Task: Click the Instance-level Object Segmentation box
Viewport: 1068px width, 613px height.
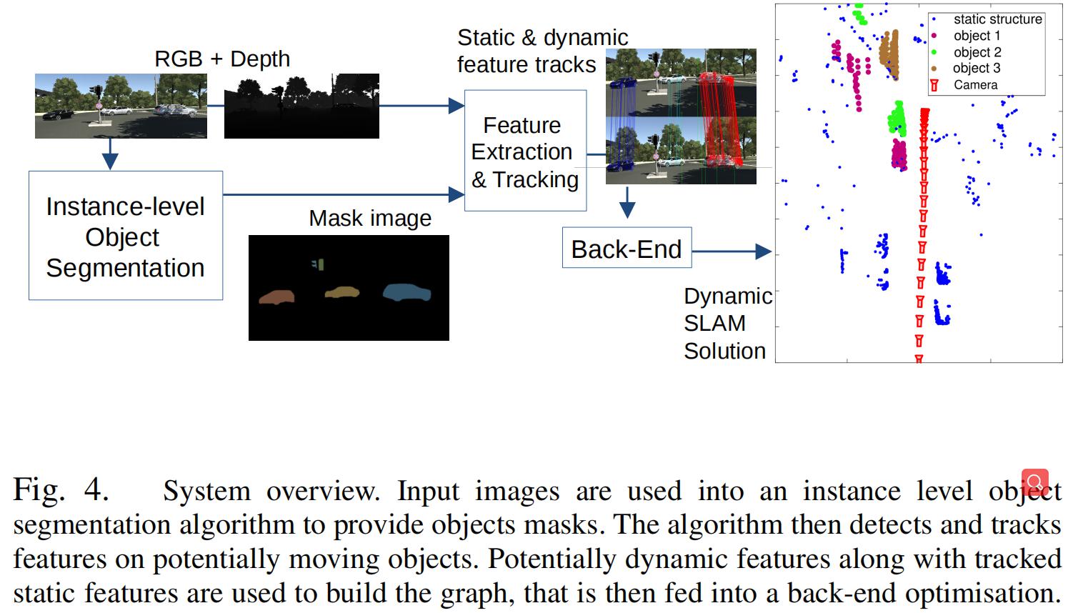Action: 126,236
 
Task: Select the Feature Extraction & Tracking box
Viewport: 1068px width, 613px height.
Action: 525,151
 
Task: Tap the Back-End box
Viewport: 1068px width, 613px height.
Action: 627,248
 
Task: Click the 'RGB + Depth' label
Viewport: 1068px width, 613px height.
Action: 222,59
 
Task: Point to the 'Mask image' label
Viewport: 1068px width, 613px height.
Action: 370,218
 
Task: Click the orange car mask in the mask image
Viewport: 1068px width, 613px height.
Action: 276,296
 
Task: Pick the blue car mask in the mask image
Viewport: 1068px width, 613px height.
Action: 406,291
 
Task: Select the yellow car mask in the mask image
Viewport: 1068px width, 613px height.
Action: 341,291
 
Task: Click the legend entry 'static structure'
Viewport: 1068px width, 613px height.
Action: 997,19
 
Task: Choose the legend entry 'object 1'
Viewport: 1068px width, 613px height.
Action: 977,36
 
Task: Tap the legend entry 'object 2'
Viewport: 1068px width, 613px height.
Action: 977,52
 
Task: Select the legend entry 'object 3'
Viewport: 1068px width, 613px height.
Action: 977,68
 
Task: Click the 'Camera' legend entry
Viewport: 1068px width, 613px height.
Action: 975,84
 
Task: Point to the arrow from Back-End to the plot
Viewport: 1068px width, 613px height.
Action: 732,251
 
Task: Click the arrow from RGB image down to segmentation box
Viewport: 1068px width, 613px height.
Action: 109,154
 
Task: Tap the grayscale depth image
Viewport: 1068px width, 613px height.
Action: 301,106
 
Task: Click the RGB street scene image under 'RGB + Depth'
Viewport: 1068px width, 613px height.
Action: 121,106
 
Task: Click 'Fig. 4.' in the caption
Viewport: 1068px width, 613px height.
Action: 61,490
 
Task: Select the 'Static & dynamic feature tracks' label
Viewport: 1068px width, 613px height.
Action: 542,50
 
